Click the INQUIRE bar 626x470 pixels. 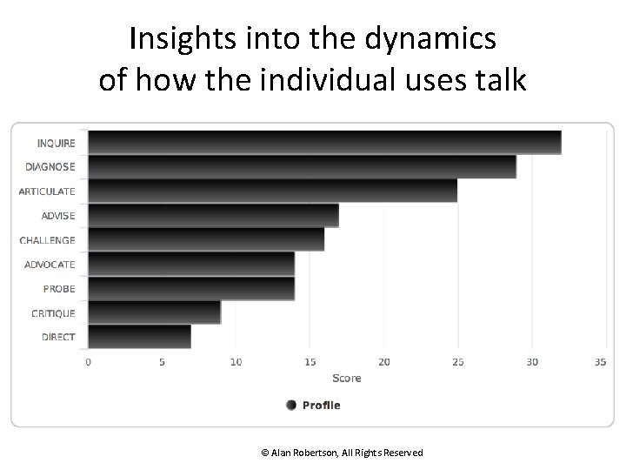click(324, 142)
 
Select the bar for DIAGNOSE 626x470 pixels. click(302, 166)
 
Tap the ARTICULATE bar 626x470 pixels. click(272, 191)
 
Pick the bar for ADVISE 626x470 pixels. click(213, 215)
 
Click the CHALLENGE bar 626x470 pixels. click(206, 239)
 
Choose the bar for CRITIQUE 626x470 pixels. click(154, 312)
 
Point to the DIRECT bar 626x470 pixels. click(139, 337)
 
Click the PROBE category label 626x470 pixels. click(59, 289)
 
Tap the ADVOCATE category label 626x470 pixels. click(50, 265)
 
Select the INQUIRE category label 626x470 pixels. click(56, 143)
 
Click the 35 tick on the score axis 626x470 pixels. click(599, 362)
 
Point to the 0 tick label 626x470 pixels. click(88, 362)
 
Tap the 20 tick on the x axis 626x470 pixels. click(383, 362)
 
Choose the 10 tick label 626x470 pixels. click(236, 362)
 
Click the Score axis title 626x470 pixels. click(346, 378)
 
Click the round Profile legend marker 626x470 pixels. click(291, 405)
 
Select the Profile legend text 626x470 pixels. click(322, 405)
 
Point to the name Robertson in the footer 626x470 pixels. click(316, 453)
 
